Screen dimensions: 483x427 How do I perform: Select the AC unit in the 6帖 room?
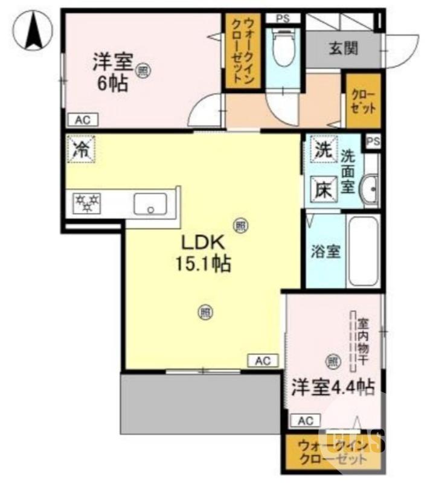tap(82, 120)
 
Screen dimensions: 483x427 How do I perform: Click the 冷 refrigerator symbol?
tap(81, 150)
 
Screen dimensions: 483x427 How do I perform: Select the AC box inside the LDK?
tap(262, 360)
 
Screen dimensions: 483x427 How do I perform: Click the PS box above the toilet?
tap(283, 18)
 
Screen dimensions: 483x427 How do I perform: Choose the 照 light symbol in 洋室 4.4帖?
tap(332, 361)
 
